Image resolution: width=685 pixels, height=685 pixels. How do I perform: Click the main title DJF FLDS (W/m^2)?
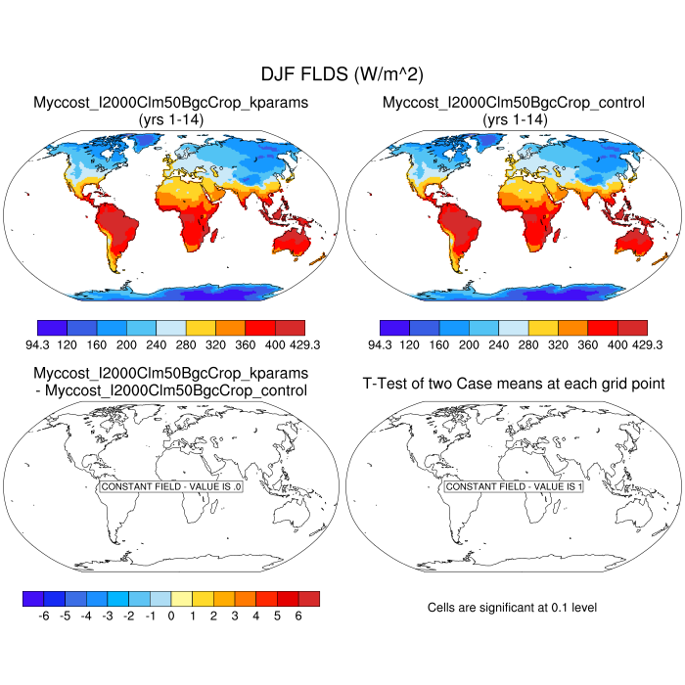[342, 74]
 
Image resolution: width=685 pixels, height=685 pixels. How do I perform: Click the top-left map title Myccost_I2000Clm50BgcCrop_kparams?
[171, 102]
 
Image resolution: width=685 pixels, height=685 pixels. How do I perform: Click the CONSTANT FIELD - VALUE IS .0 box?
[171, 486]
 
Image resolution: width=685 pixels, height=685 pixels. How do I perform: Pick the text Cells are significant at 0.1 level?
[512, 608]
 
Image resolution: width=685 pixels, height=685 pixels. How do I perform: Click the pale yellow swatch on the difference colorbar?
[181, 598]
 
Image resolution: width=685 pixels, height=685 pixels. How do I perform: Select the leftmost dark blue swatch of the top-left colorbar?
[51, 328]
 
